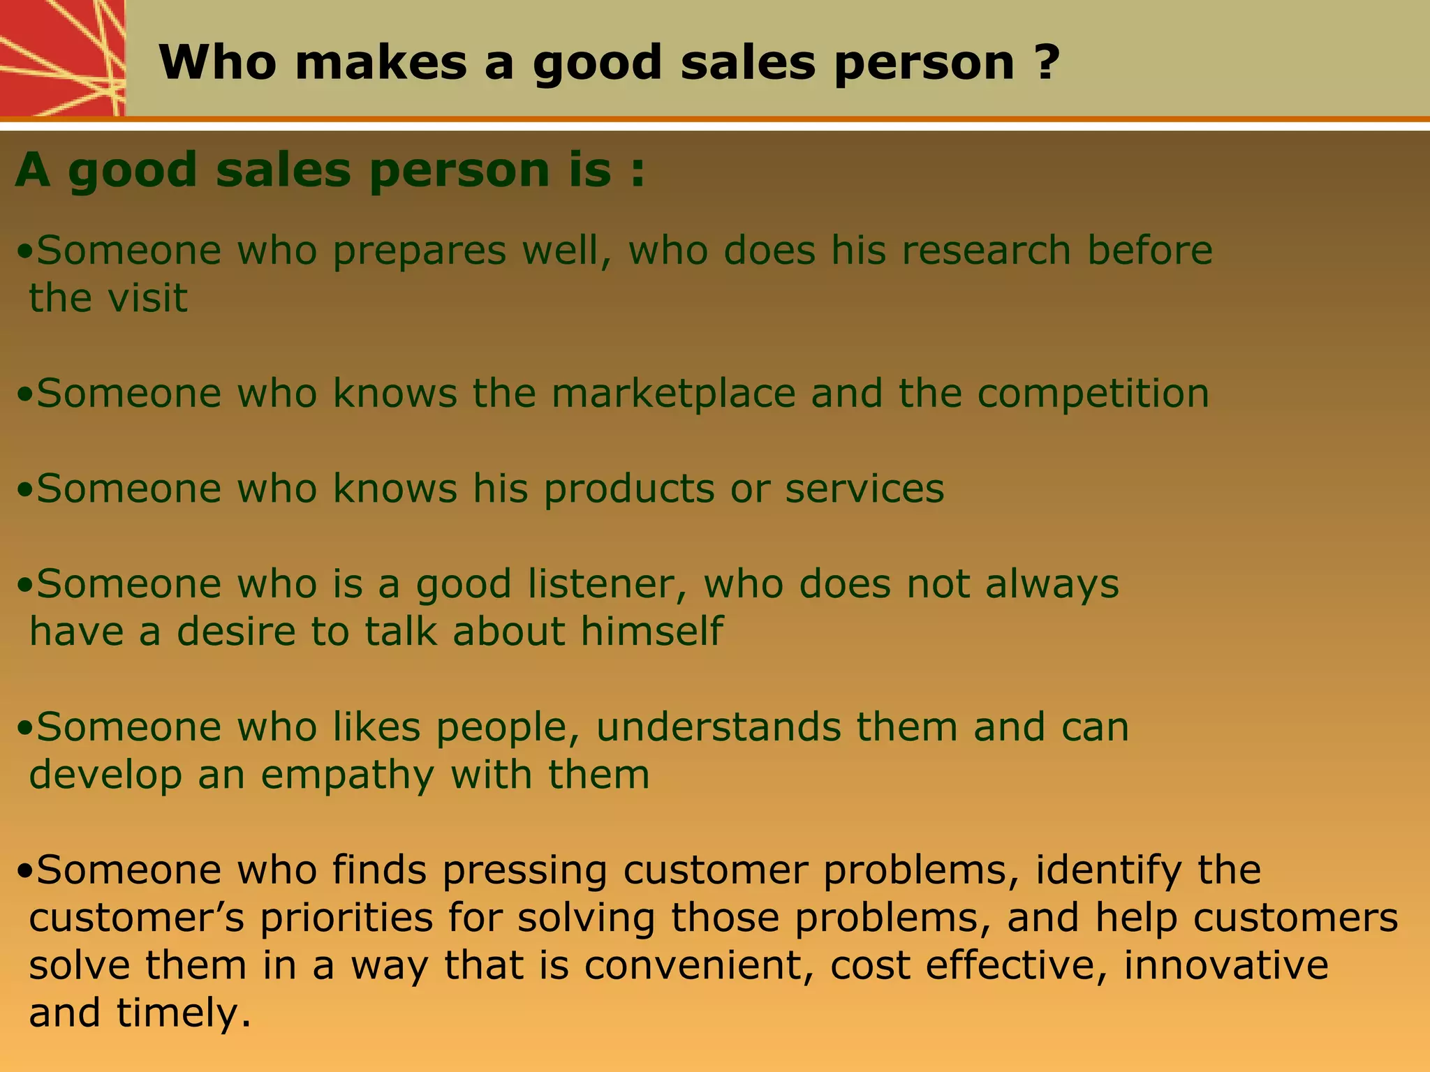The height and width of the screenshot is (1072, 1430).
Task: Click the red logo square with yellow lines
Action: [62, 58]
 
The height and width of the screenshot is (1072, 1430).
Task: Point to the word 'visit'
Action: [148, 298]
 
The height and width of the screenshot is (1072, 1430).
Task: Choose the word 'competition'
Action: [1093, 394]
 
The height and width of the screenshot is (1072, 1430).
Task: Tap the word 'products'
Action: [629, 489]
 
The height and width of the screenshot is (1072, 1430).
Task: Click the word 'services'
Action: [864, 489]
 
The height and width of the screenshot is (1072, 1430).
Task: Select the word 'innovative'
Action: [1226, 966]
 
